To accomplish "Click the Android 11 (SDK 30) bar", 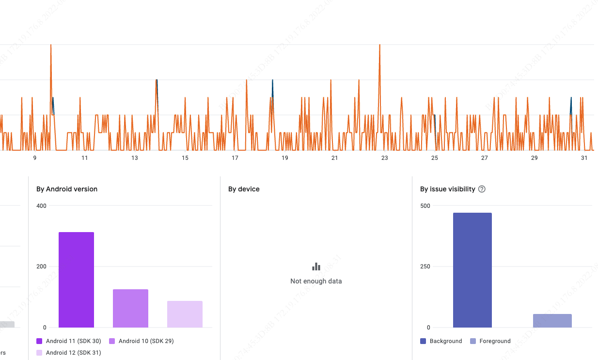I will [76, 280].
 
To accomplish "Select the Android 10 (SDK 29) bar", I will [130, 308].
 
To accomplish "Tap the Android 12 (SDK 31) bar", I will [185, 314].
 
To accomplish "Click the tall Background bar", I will [472, 270].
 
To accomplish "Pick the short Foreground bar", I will [552, 321].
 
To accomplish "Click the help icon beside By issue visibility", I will [482, 189].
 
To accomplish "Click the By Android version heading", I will [67, 189].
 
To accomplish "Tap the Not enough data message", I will [316, 281].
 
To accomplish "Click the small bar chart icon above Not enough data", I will [316, 266].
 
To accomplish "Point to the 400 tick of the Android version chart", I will [41, 206].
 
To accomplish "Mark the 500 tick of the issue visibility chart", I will [425, 206].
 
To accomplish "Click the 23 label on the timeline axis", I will [384, 158].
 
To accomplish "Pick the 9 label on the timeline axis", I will [34, 158].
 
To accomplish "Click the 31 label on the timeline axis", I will [584, 158].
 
